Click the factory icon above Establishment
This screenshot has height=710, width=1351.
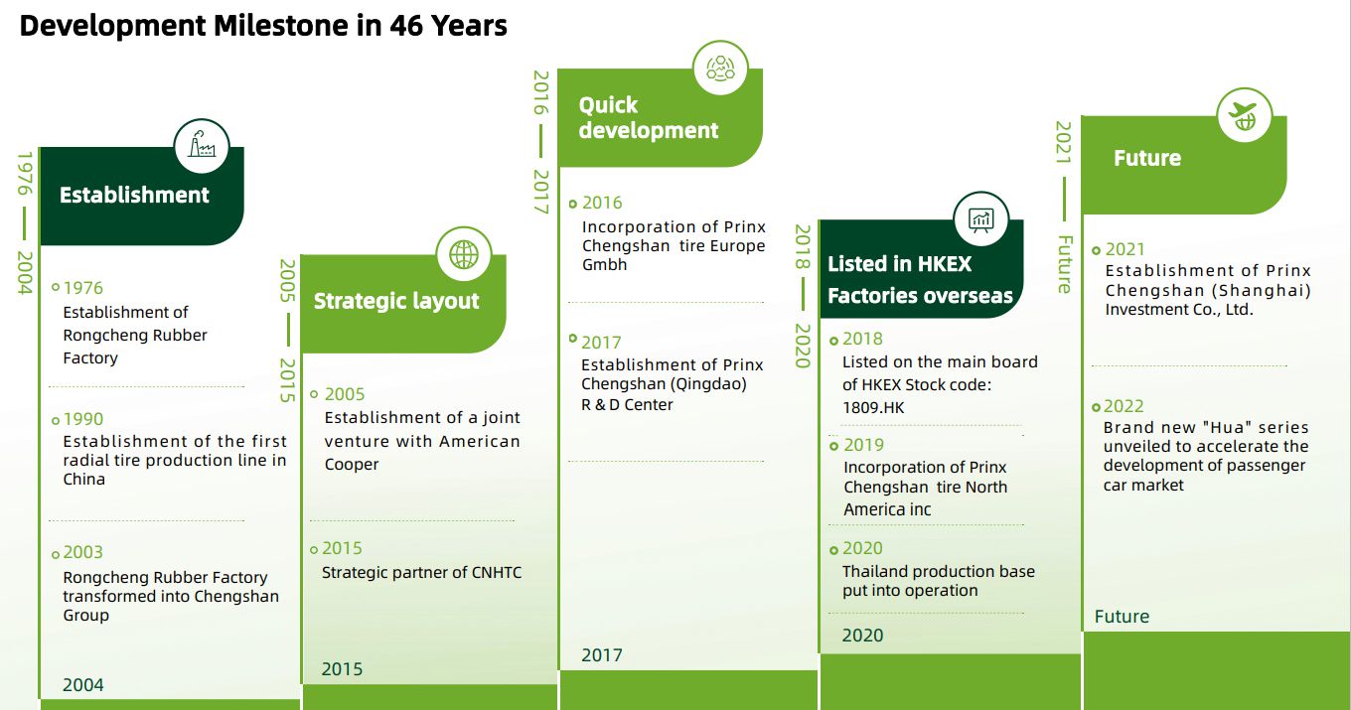(202, 145)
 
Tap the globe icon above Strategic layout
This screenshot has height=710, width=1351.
(464, 254)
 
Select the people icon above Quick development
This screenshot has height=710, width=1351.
(720, 69)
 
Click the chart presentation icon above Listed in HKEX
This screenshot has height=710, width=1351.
(981, 219)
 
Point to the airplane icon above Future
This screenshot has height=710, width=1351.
(1245, 116)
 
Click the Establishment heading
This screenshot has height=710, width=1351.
(134, 195)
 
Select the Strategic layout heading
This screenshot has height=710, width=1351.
(396, 301)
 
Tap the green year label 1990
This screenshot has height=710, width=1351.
(83, 419)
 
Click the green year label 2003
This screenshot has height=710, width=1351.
(83, 552)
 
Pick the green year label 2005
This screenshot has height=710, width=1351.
(345, 394)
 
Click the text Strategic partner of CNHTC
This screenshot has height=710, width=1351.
(421, 573)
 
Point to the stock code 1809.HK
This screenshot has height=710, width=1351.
(873, 408)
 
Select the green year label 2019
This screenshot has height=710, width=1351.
(863, 445)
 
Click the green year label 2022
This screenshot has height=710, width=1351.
(1124, 406)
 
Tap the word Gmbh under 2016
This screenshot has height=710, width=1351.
(604, 264)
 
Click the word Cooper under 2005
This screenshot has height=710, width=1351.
(352, 465)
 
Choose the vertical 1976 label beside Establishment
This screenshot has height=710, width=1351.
(24, 174)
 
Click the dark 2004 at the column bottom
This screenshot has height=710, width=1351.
(83, 685)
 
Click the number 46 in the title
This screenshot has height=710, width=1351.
(406, 25)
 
